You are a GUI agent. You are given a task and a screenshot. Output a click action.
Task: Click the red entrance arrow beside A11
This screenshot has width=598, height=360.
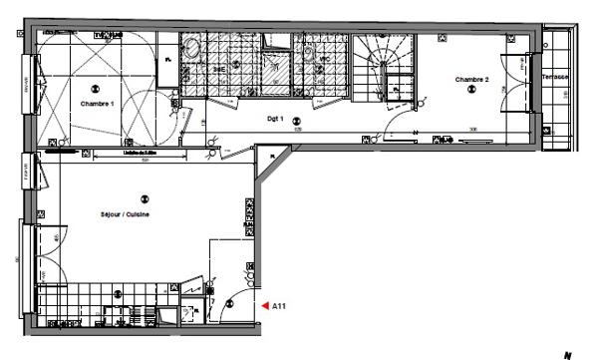[x=265, y=306]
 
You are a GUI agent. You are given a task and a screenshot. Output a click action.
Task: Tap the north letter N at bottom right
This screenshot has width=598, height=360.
[x=568, y=353]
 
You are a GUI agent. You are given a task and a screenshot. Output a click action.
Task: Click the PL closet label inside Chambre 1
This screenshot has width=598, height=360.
[x=168, y=62]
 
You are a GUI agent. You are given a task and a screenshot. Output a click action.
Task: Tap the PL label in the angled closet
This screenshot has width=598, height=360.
[x=269, y=158]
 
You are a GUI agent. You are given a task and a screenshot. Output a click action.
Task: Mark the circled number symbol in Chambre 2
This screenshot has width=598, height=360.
[x=471, y=90]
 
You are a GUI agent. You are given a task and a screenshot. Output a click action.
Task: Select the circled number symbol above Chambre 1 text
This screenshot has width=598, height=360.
[x=97, y=88]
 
